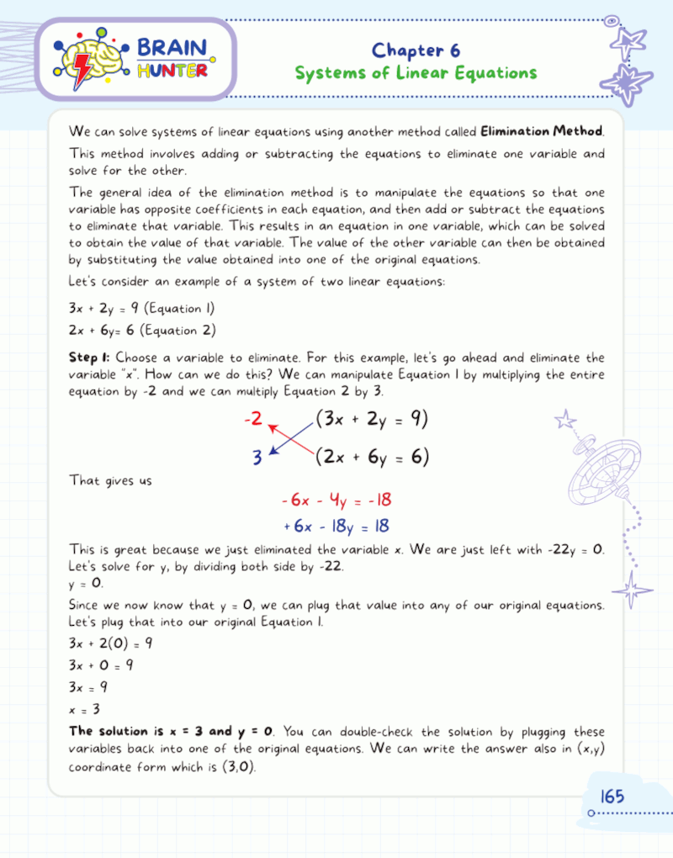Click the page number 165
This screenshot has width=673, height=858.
pos(612,796)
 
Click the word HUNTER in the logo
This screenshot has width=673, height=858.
pos(172,71)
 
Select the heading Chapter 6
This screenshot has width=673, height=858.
pos(416,50)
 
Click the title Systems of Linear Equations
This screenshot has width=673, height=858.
pos(416,73)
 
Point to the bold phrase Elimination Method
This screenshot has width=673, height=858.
pos(542,131)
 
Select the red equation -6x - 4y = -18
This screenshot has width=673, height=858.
pos(336,500)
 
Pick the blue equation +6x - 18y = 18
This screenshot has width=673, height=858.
pos(336,527)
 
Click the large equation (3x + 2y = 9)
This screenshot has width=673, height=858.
pos(372,419)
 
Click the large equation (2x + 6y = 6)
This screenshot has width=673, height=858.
pos(372,457)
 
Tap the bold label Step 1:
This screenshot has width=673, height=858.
pos(90,358)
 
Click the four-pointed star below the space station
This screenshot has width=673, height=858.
pos(633,588)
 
